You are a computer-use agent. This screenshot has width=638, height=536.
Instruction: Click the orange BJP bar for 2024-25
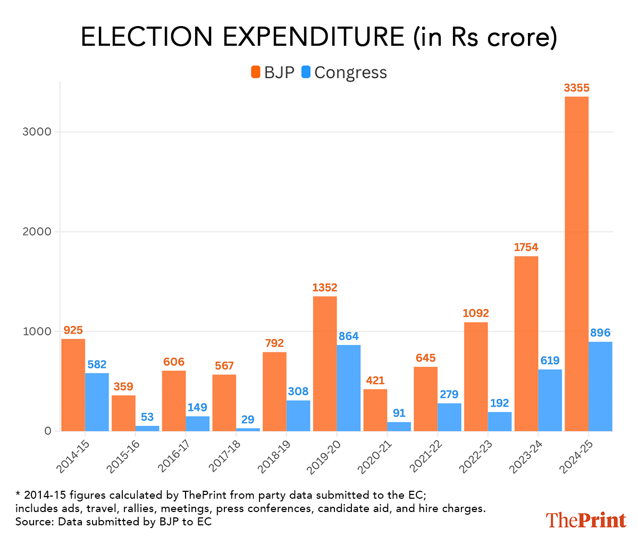[x=576, y=263]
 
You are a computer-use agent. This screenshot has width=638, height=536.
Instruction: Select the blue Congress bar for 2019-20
[x=349, y=388]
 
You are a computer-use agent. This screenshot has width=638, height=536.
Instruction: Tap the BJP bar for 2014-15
[x=73, y=385]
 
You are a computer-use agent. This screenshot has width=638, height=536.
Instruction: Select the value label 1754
[x=526, y=248]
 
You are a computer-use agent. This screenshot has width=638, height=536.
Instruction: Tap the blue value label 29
[x=248, y=419]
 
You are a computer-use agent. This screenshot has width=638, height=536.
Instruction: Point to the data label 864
[x=349, y=336]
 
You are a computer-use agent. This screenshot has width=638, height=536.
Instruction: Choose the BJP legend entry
[x=272, y=72]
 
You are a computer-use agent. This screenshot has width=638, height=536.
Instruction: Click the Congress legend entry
[x=345, y=72]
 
